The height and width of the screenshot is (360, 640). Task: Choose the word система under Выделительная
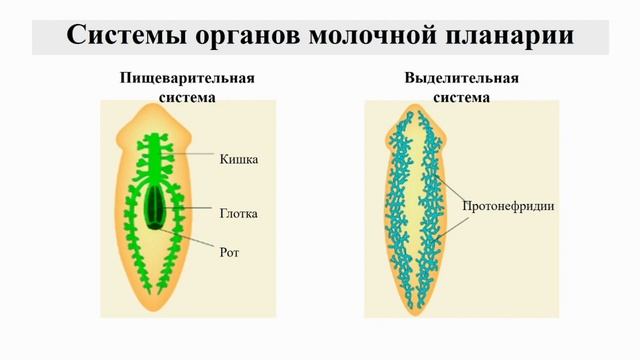461,97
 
